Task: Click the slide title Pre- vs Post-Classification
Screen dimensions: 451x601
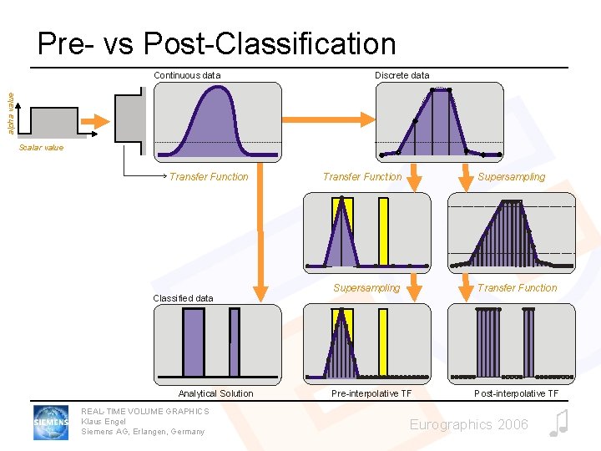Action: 216,43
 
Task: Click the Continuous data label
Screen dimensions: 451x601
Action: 187,75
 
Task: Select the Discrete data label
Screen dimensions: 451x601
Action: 402,75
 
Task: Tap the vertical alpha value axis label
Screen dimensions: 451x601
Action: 11,114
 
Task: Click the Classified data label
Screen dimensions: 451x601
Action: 183,298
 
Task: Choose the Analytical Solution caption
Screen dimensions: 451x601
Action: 215,393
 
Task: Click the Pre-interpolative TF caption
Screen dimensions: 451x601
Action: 371,393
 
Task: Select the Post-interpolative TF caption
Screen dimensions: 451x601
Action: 517,393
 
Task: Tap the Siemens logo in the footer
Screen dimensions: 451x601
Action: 51,422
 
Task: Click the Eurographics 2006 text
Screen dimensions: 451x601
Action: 468,425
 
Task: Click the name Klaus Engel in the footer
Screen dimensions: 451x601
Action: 104,422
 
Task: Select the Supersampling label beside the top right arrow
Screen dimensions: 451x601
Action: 511,177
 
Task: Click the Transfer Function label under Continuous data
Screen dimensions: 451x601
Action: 209,177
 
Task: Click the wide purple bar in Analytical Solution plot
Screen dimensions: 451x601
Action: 193,343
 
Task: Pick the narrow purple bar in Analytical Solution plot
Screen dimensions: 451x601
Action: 234,343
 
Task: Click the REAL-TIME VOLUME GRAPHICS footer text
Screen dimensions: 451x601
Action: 145,412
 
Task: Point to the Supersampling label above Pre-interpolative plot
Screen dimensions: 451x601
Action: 366,288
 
